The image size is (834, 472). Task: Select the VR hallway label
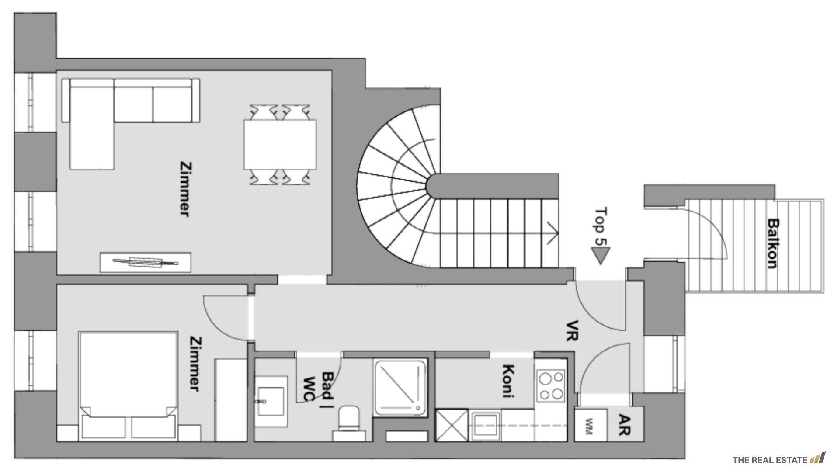572,330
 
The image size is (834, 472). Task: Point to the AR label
625,425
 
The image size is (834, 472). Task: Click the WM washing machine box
590,425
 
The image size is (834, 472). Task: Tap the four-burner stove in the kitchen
551,386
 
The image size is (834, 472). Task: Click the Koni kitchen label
507,381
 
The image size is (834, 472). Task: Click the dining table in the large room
280,145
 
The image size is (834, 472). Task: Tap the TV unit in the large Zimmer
146,262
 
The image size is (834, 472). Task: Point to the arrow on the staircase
553,233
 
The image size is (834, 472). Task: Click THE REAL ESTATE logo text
770,460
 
